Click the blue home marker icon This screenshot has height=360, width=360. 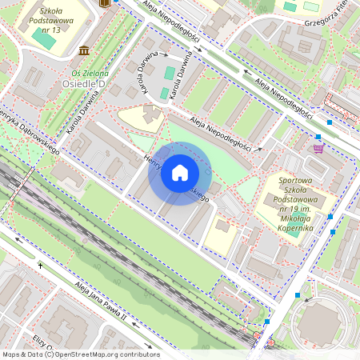(x=180, y=174)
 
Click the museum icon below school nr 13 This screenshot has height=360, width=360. (x=84, y=51)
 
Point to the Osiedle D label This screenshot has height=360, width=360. (x=84, y=82)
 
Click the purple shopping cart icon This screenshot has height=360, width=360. (x=319, y=148)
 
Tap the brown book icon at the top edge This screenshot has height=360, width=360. (x=103, y=3)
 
